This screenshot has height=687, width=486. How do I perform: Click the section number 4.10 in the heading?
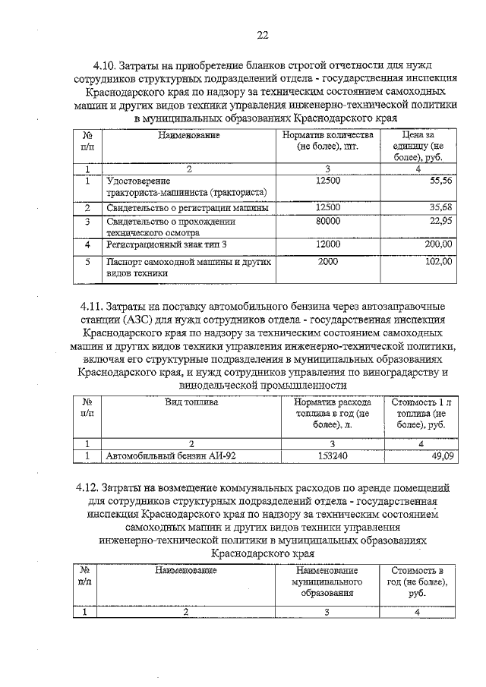(x=105, y=65)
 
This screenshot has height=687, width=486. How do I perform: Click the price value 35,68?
(x=440, y=206)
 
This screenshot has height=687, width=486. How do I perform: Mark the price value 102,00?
(x=437, y=261)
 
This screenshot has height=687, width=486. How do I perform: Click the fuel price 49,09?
(x=440, y=455)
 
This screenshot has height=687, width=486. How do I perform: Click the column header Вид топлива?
(x=191, y=402)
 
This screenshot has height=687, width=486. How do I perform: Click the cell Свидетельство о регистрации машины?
(x=187, y=207)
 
